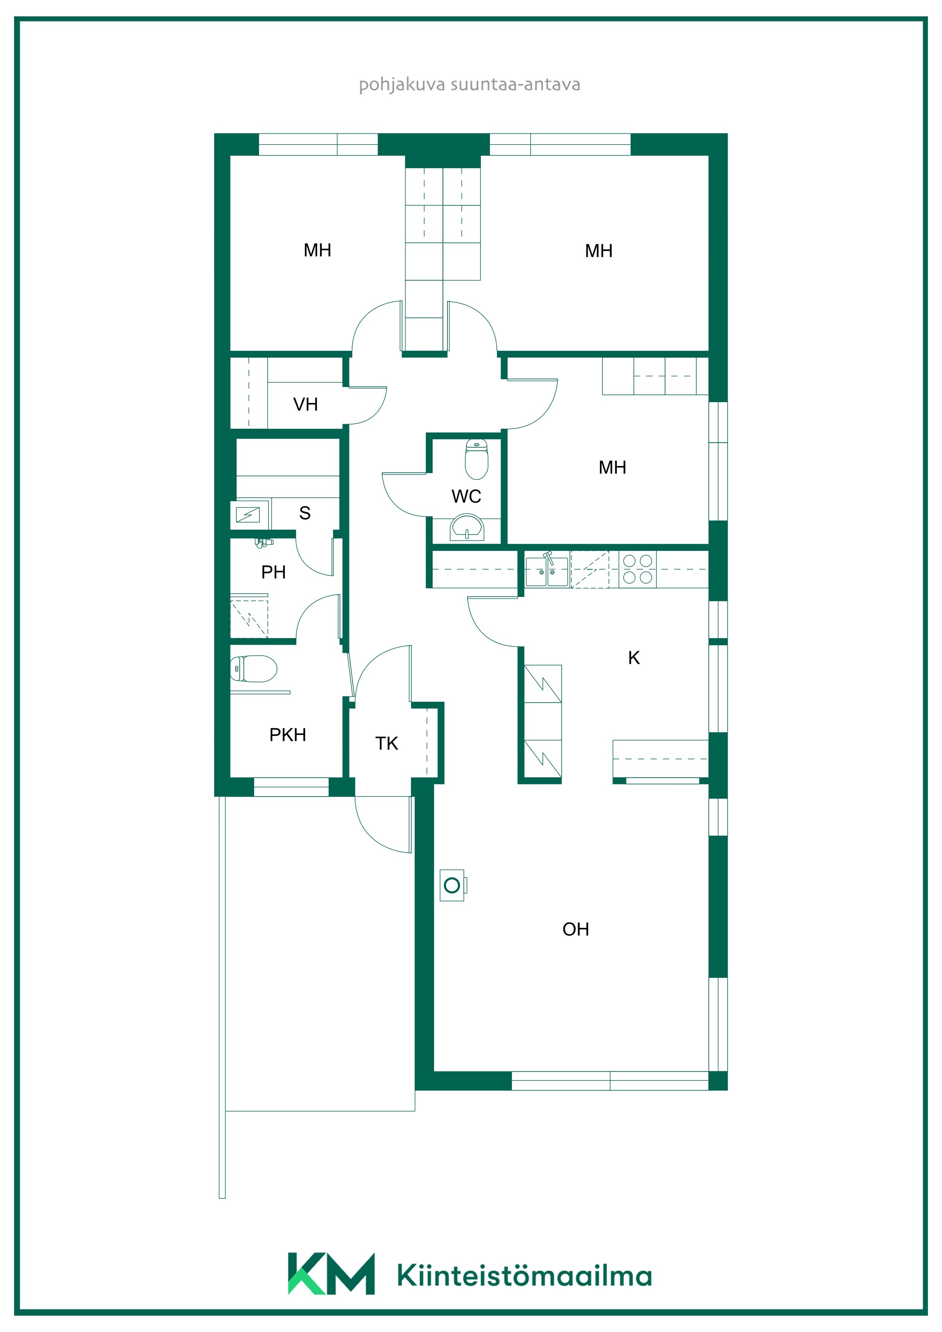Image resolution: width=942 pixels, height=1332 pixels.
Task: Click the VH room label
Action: [x=305, y=404]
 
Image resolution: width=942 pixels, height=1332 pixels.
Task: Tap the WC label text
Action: [x=466, y=497]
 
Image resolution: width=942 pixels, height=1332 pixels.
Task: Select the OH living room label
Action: [x=576, y=930]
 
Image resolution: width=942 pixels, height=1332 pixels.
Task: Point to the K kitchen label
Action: [x=634, y=658]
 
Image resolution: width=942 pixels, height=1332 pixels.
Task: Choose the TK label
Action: [x=387, y=744]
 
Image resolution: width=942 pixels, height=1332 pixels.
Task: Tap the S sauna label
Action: [x=305, y=513]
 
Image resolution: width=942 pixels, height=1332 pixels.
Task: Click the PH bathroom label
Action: [x=273, y=573]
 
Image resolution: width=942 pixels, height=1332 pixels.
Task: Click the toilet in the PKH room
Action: [x=254, y=669]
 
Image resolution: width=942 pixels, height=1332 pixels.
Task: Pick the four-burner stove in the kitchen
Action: [x=637, y=569]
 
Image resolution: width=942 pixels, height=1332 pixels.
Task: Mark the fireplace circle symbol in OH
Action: [x=452, y=885]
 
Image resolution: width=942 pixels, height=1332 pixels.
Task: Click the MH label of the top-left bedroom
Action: [x=318, y=250]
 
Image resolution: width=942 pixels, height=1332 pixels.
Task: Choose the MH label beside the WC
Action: [x=612, y=467]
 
